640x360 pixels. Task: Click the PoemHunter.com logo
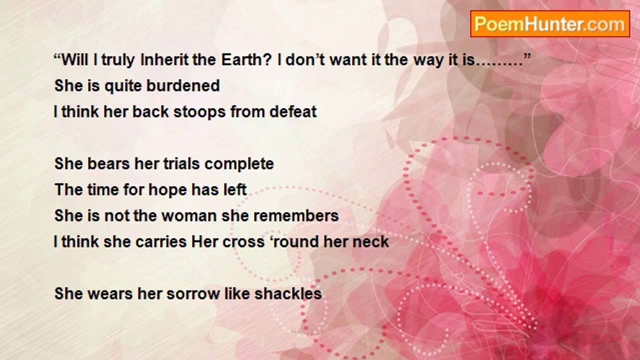(550, 24)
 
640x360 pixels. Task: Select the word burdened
(183, 85)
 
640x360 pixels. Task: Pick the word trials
(181, 163)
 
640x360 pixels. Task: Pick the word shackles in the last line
(288, 293)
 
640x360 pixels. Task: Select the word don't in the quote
(305, 60)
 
